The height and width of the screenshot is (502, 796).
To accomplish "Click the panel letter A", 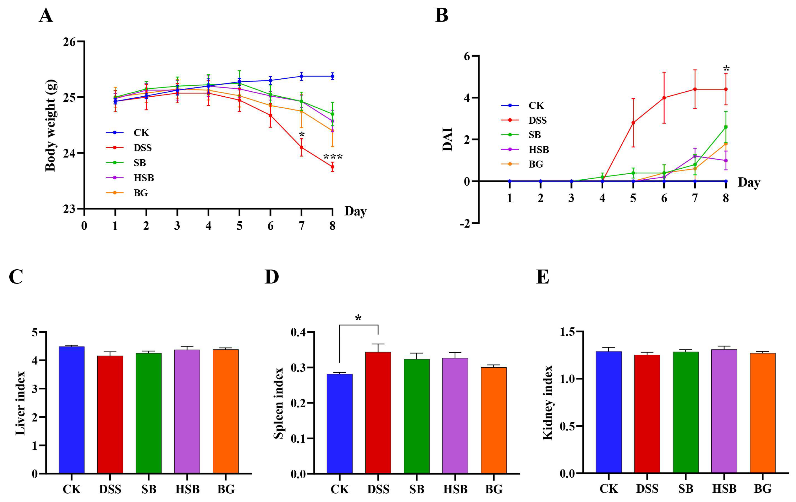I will pyautogui.click(x=46, y=16).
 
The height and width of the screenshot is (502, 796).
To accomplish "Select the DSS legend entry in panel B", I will pyautogui.click(x=537, y=120).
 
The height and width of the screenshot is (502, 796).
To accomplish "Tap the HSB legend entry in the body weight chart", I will pyautogui.click(x=144, y=178).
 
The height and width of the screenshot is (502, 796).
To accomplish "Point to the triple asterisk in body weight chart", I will pyautogui.click(x=332, y=157).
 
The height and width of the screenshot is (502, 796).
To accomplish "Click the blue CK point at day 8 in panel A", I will pyautogui.click(x=332, y=76).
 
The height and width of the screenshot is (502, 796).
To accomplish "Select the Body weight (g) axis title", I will pyautogui.click(x=50, y=126).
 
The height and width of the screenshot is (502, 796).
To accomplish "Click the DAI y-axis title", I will pyautogui.click(x=447, y=139).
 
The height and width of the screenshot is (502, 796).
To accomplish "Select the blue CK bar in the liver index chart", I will pyautogui.click(x=72, y=410).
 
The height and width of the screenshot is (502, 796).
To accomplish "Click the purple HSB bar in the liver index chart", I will pyautogui.click(x=187, y=411).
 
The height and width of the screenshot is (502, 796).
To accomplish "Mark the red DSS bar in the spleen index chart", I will pyautogui.click(x=378, y=413).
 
